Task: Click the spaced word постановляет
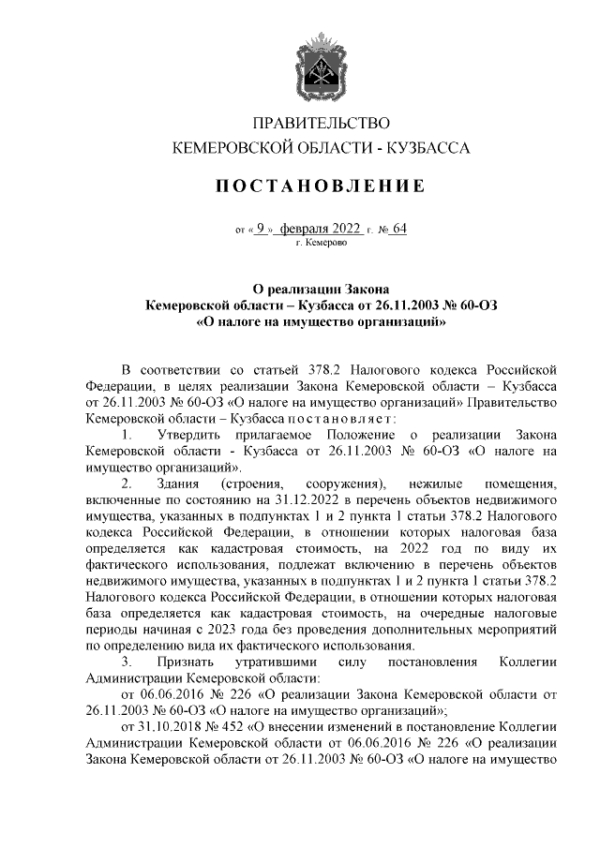tap(322, 417)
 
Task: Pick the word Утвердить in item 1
tap(189, 435)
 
